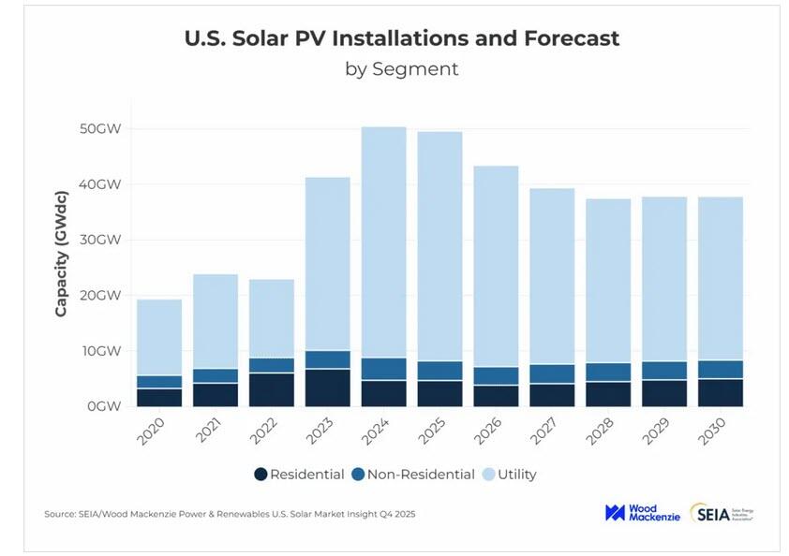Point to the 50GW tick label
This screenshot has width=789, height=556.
(x=101, y=128)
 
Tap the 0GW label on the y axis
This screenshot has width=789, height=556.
(x=105, y=406)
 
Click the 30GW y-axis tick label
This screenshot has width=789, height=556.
(x=101, y=240)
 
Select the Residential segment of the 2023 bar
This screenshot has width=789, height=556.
(x=328, y=388)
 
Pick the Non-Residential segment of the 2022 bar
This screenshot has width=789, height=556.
(x=272, y=365)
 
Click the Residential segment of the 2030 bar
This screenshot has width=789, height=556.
(x=722, y=392)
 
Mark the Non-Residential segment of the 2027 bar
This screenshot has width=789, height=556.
(x=553, y=373)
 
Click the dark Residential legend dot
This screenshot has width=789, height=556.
(x=261, y=475)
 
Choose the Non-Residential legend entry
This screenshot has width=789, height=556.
(x=413, y=475)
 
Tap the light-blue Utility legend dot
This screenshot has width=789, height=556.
(x=488, y=475)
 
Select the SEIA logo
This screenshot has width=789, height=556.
(x=722, y=513)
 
